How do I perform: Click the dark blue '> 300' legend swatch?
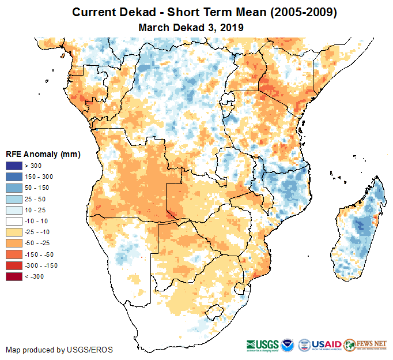pyautogui.click(x=13, y=166)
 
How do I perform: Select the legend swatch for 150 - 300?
pyautogui.click(x=13, y=177)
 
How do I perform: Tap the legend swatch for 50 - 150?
pyautogui.click(x=13, y=188)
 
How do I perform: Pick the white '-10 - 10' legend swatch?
pyautogui.click(x=13, y=221)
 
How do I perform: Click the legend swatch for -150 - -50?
pyautogui.click(x=13, y=254)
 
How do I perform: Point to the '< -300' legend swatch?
pyautogui.click(x=13, y=276)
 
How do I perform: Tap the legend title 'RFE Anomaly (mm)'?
pyautogui.click(x=43, y=154)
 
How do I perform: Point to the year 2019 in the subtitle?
pyautogui.click(x=232, y=27)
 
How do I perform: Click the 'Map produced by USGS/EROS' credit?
pyautogui.click(x=59, y=350)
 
